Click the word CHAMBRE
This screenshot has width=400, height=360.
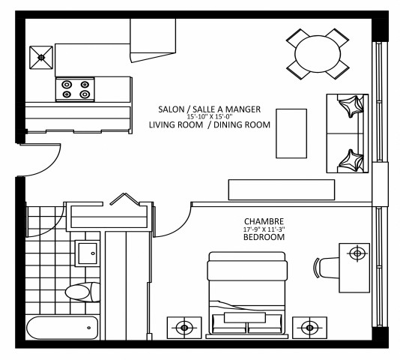tap(264, 220)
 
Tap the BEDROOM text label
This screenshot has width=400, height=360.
tap(264, 237)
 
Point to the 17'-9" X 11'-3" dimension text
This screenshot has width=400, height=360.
tap(264, 229)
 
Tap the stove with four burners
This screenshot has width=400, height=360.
tap(76, 89)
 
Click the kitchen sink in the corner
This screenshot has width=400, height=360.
tap(40, 55)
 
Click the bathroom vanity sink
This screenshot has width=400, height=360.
tap(88, 253)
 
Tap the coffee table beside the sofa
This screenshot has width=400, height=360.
tap(291, 133)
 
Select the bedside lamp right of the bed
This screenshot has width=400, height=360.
tap(308, 328)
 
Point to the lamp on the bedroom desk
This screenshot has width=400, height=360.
tap(357, 253)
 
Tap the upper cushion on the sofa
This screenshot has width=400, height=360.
tap(350, 108)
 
